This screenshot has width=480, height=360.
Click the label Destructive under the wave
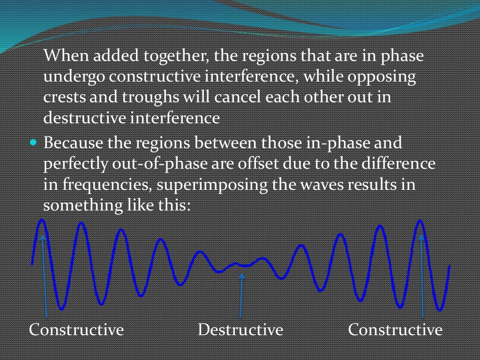pyautogui.click(x=240, y=330)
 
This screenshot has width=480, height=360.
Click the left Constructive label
pyautogui.click(x=76, y=330)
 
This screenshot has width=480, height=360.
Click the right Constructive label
pyautogui.click(x=395, y=330)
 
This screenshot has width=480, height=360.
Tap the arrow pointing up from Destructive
pyautogui.click(x=241, y=295)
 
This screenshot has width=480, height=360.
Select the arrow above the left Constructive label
pyautogui.click(x=45, y=277)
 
